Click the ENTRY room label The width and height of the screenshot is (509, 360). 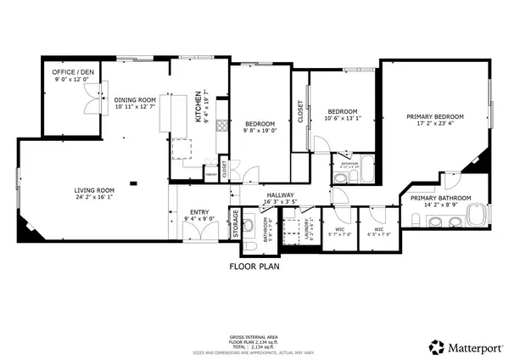(x=199, y=213)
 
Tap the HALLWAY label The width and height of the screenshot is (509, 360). (x=280, y=195)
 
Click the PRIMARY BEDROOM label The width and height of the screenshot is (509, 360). (x=435, y=116)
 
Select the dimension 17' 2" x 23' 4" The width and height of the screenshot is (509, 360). (x=435, y=124)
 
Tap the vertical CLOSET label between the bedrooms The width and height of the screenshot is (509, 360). (x=300, y=112)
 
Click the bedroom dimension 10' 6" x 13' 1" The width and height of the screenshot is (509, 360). (x=342, y=119)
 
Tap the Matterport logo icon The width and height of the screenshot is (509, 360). (x=435, y=346)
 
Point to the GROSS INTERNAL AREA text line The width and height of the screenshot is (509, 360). (x=255, y=337)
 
